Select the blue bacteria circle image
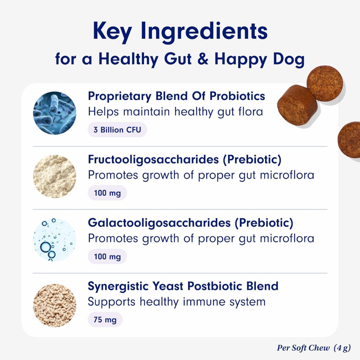(x=55, y=113)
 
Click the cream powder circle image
(x=55, y=176)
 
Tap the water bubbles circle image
(x=55, y=240)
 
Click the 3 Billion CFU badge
(x=117, y=130)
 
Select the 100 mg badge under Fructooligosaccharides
(x=107, y=193)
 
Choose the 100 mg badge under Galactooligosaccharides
(x=107, y=257)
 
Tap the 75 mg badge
(x=105, y=320)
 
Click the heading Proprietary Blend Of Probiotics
(x=176, y=96)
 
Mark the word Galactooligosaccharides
(x=159, y=223)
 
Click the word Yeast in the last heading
(x=166, y=286)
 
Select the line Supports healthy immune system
(x=176, y=302)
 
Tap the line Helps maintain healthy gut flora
(x=175, y=112)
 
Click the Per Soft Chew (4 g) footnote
(x=314, y=348)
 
